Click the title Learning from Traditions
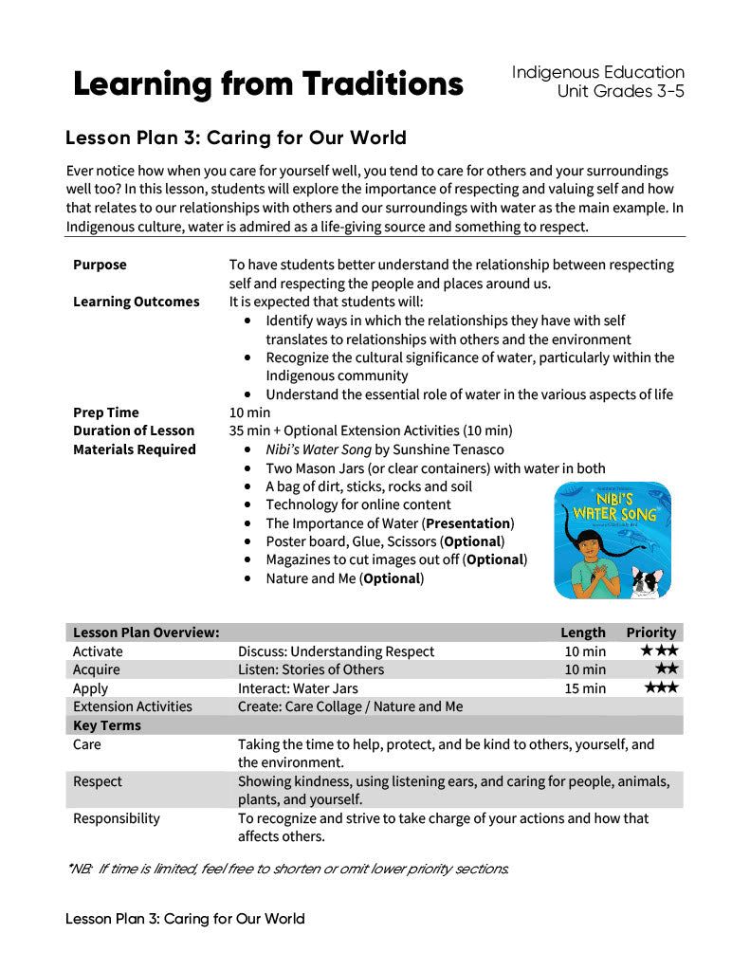[268, 84]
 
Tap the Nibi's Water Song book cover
[612, 540]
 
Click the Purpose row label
[100, 265]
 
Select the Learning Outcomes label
[136, 302]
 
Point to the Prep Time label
[105, 412]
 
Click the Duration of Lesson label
[133, 431]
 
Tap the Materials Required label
[134, 449]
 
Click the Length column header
[582, 632]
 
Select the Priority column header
[650, 632]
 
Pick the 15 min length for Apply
[584, 688]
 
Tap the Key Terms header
[106, 725]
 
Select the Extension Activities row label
[132, 706]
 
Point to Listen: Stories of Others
[310, 669]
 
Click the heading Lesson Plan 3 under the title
[235, 138]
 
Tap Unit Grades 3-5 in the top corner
[620, 92]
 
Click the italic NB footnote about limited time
[287, 869]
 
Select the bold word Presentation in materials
[468, 523]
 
